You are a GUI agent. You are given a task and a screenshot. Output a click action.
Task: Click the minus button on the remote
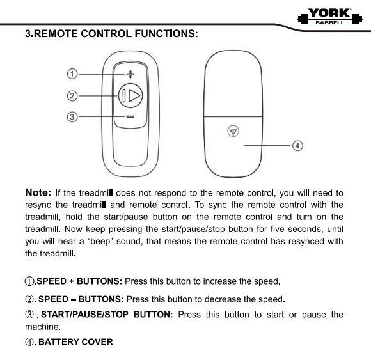pos(130,117)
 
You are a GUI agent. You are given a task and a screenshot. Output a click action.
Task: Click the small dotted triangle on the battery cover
pos(232,132)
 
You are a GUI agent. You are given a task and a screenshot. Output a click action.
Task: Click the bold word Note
pos(39,192)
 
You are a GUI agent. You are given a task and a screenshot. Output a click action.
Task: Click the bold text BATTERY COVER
pos(75,342)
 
